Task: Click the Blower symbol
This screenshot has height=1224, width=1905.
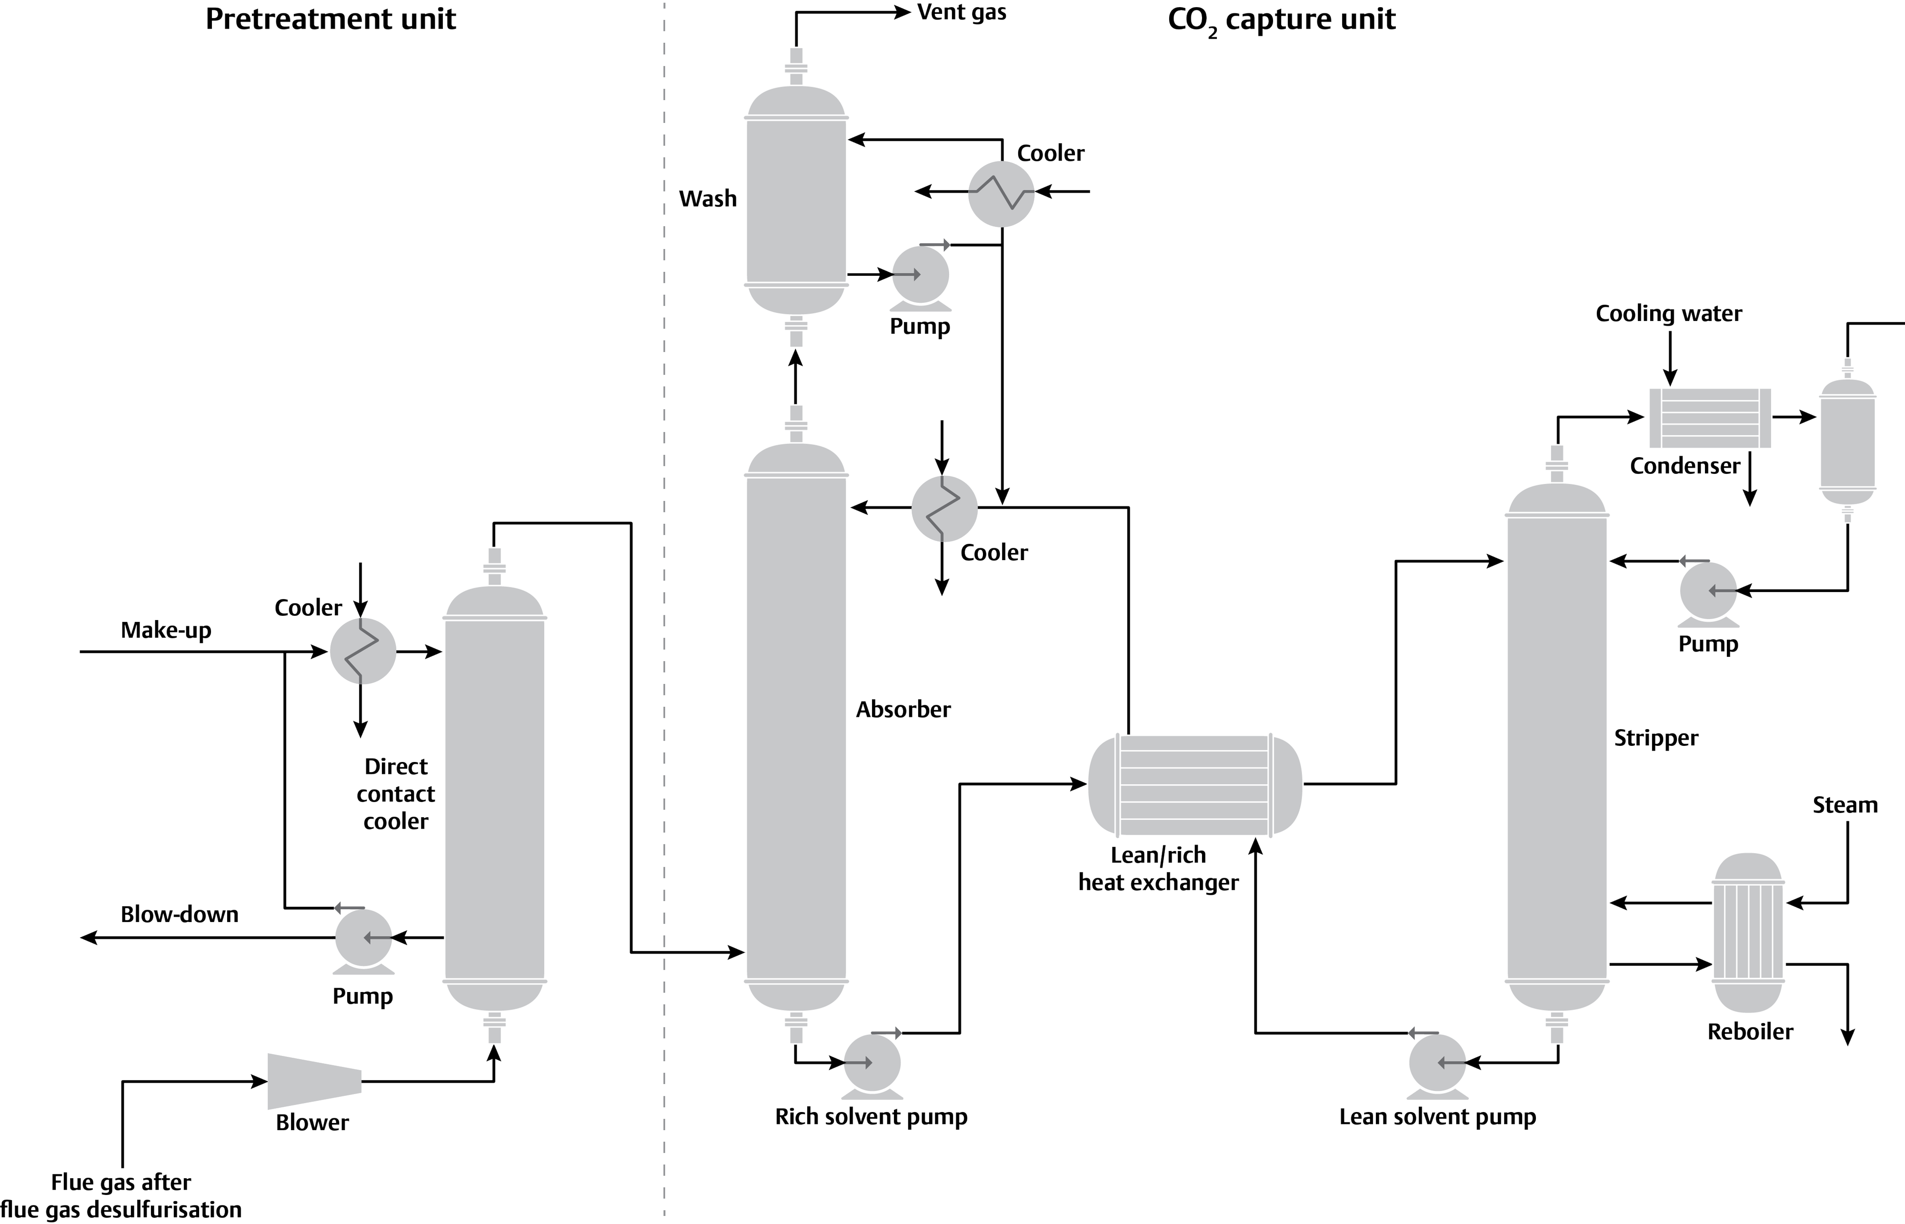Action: coord(314,1081)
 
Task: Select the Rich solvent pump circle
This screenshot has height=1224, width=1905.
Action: coord(872,1063)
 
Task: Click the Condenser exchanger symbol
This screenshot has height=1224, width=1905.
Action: coord(1709,418)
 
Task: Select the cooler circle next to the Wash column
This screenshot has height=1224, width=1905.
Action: coord(1001,193)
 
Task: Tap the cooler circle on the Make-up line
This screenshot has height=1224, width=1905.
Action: coord(362,651)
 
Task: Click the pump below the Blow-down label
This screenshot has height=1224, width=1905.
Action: coord(363,939)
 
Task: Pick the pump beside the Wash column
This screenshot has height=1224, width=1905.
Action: coord(920,275)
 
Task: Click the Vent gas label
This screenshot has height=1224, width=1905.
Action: coord(961,13)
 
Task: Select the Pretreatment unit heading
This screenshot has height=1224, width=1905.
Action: coord(330,19)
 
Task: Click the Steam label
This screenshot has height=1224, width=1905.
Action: coord(1845,805)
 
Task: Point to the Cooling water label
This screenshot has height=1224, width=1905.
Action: coord(1668,314)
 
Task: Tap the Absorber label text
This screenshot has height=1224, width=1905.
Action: coord(903,709)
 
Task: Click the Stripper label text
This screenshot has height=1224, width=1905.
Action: coord(1655,738)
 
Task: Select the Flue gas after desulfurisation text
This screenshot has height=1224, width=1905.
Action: coord(121,1195)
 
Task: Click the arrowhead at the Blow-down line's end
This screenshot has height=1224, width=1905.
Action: coord(88,938)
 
